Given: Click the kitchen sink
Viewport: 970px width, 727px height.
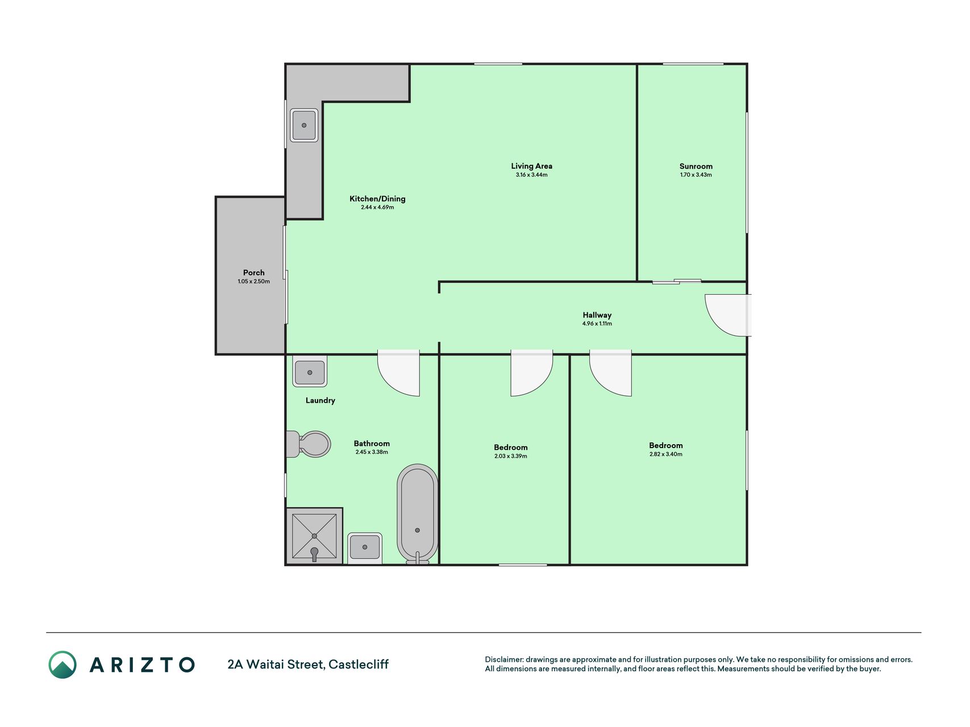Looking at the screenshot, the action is [x=304, y=125].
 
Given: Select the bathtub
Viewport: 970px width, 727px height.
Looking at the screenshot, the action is [x=418, y=514].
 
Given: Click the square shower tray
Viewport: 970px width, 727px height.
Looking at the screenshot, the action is [x=314, y=536].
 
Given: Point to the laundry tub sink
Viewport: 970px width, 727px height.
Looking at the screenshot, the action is [x=310, y=372].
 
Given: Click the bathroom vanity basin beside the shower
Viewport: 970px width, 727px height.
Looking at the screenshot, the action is [x=364, y=547].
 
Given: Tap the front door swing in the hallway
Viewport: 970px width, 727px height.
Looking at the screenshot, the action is [x=728, y=315].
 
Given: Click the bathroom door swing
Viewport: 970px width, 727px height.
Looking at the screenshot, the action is [x=399, y=373].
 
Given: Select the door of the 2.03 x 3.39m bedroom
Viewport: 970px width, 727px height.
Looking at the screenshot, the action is [x=532, y=373].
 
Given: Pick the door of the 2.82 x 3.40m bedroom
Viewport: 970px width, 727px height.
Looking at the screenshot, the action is [x=610, y=373].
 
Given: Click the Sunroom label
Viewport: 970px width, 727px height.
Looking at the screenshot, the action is [x=696, y=166].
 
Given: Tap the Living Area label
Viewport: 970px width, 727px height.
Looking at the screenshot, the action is [x=532, y=166].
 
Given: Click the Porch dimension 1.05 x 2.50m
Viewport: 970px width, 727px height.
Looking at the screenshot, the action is [x=254, y=282].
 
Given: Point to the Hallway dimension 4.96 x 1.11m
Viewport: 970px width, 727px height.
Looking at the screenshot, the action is [x=597, y=324].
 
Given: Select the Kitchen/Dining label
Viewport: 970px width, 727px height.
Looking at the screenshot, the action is [x=377, y=199].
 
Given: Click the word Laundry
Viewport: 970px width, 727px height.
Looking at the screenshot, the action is [x=320, y=400].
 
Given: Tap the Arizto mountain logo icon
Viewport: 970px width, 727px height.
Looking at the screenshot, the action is [x=63, y=665].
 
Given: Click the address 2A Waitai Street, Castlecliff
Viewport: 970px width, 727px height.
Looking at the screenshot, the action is [x=308, y=664].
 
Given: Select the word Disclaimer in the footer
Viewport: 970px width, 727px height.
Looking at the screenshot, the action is [x=503, y=659].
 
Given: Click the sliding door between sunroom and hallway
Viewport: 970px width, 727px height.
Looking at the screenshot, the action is [x=677, y=281].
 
